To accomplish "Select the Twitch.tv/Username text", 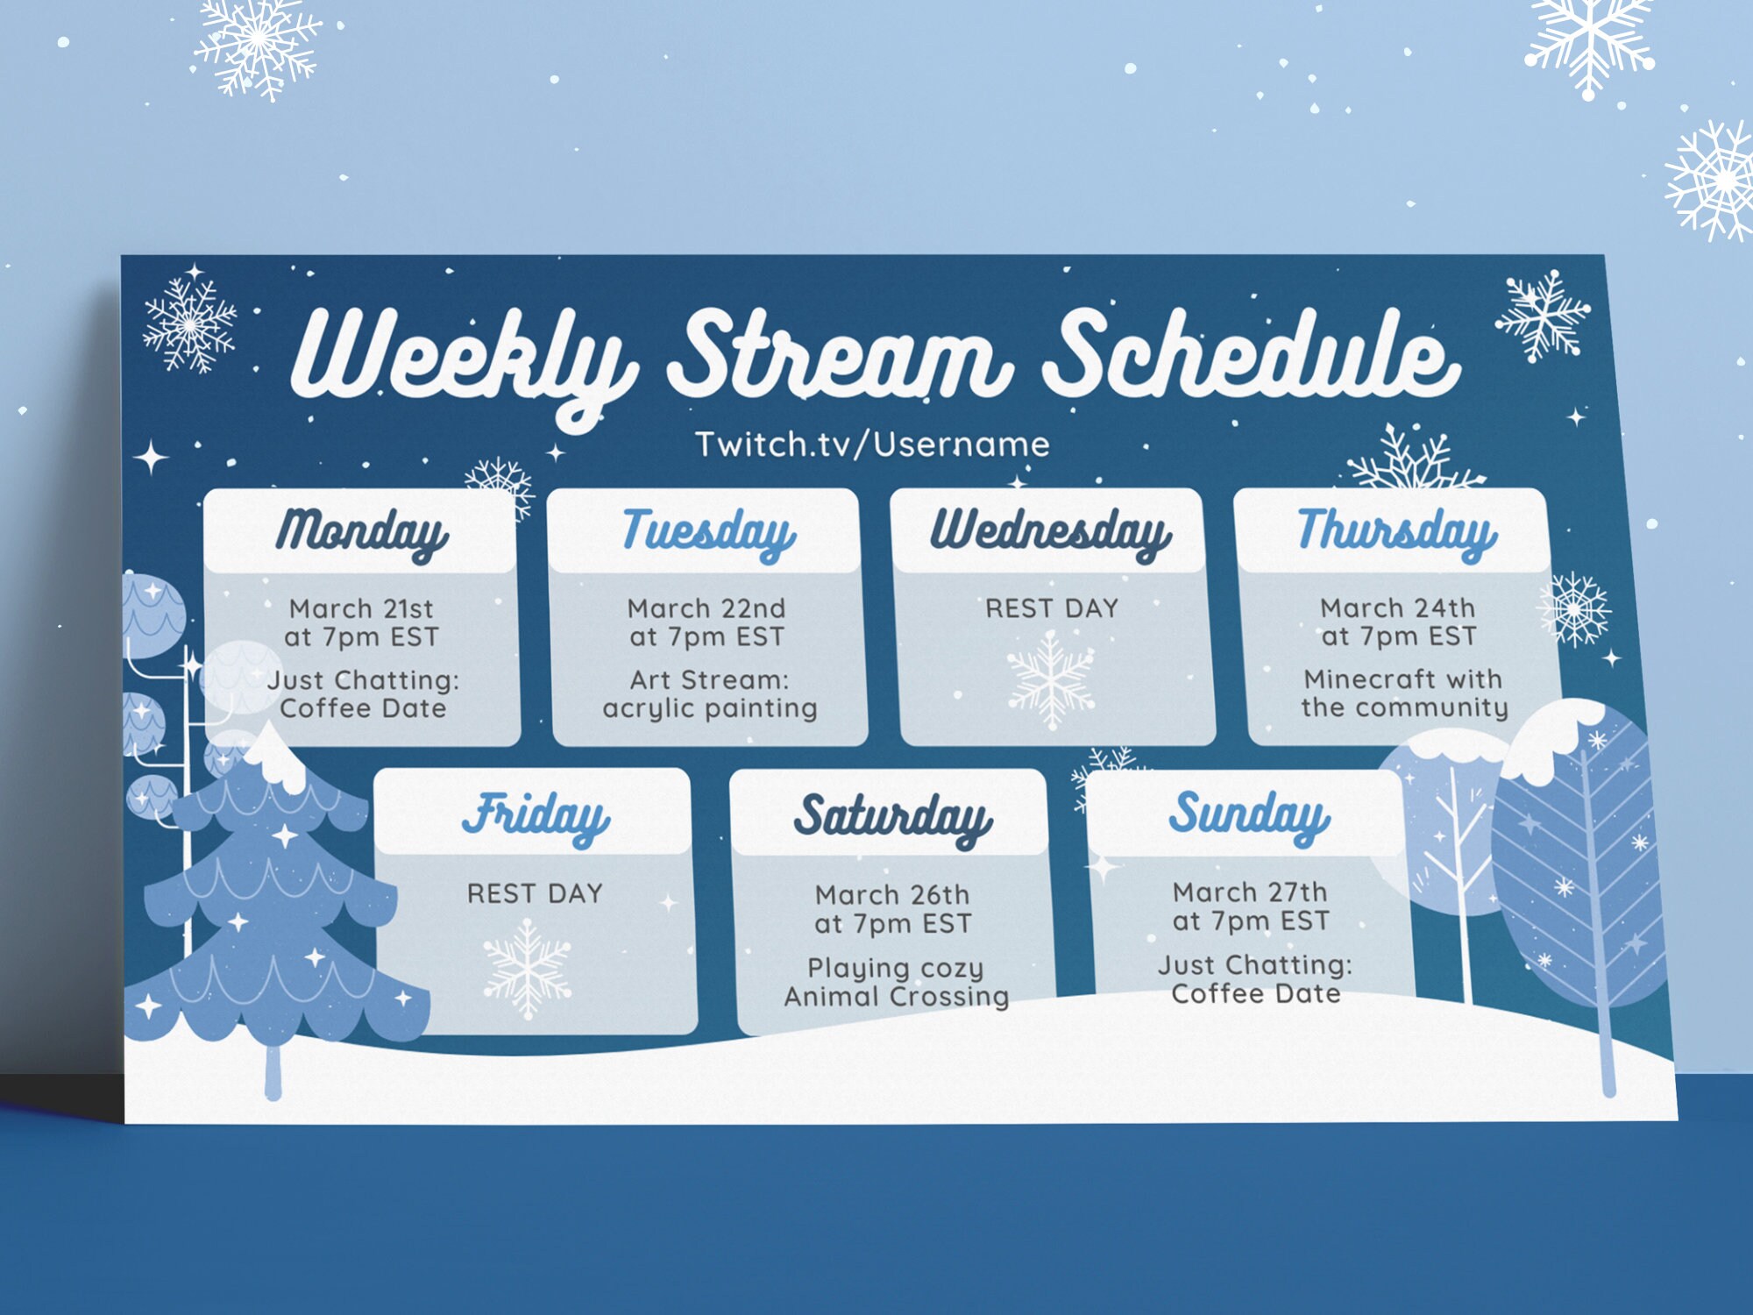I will (x=872, y=444).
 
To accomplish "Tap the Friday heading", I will (x=536, y=816).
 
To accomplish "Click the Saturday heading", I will (x=892, y=818).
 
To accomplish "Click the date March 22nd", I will (x=706, y=608).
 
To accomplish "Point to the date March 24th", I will (x=1398, y=608).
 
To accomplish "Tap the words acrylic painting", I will (x=710, y=708).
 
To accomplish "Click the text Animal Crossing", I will (x=896, y=997).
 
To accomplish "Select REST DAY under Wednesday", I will (x=1052, y=608).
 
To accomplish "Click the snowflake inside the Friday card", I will (x=527, y=969).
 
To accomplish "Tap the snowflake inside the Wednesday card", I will (x=1051, y=679).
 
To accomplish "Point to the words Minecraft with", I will (x=1402, y=679).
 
